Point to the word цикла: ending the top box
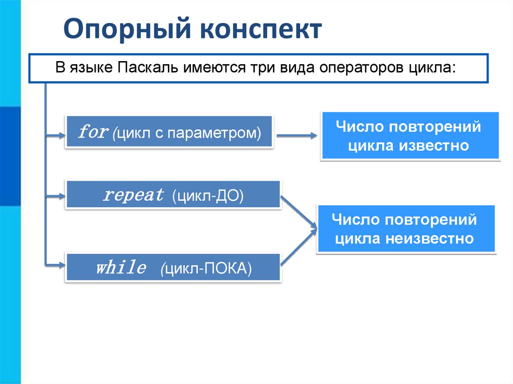click(436, 68)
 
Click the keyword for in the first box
click(93, 133)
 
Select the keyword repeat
click(134, 195)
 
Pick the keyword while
click(121, 268)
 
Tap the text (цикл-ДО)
click(207, 196)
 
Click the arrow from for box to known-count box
click(297, 135)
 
